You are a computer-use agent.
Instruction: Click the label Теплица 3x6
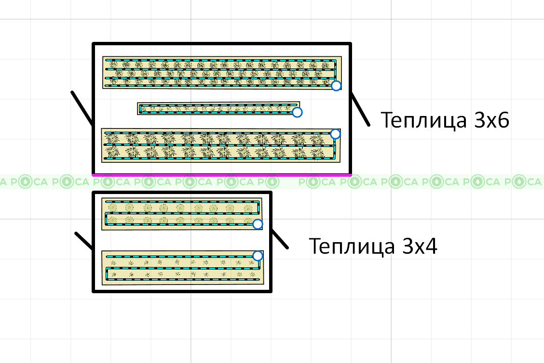point(445,120)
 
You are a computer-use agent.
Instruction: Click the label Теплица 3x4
point(373,246)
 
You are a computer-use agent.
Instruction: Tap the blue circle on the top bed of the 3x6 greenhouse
point(336,86)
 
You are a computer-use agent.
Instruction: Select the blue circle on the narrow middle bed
point(298,112)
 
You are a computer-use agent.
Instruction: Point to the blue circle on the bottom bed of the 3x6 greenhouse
point(335,134)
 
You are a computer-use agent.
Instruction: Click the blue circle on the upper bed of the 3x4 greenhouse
point(258,224)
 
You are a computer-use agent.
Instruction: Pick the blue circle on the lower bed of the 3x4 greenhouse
point(258,255)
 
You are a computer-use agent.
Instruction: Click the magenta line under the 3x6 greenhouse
point(221,175)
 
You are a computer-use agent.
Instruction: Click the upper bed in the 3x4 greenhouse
point(181,214)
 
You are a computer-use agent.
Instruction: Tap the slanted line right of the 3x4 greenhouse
point(280,239)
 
